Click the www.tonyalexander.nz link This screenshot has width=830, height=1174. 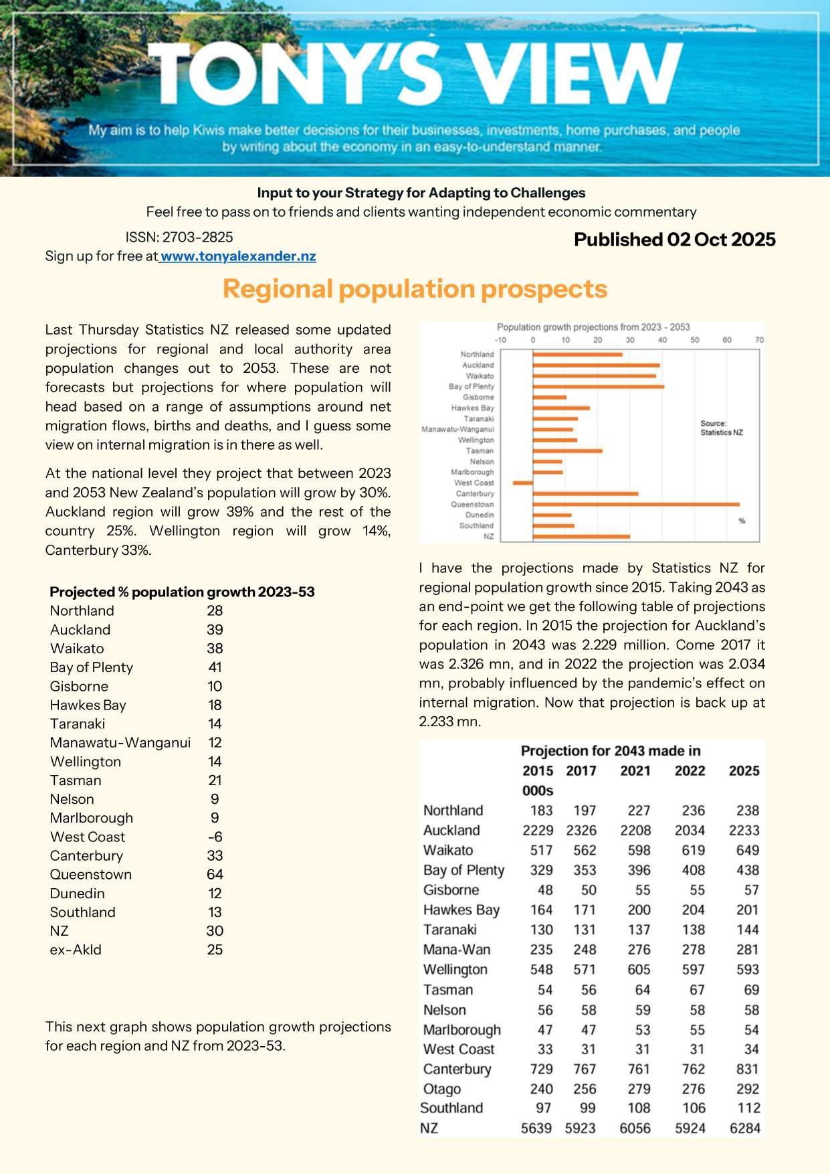(238, 256)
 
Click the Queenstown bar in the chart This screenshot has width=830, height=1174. (635, 504)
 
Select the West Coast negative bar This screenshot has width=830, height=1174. (523, 483)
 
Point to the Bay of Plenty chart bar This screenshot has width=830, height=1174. (598, 386)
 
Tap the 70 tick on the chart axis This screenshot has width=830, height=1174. (759, 340)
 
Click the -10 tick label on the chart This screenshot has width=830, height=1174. (500, 340)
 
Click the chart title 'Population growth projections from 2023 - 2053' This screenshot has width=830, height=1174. (593, 327)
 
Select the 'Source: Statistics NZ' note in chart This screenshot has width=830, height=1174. (721, 428)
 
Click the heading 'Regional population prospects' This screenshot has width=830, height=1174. (415, 288)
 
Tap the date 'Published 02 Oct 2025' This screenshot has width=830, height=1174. (674, 240)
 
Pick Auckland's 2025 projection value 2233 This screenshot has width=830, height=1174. (744, 831)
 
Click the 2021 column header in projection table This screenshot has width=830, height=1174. (635, 771)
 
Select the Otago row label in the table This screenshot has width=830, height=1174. (442, 1089)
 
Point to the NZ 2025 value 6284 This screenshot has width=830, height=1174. (744, 1128)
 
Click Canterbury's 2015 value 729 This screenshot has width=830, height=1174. (541, 1070)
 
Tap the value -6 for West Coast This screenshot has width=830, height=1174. (215, 837)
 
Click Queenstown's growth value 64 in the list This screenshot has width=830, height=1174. (215, 875)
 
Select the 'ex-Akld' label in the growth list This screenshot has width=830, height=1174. (76, 950)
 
